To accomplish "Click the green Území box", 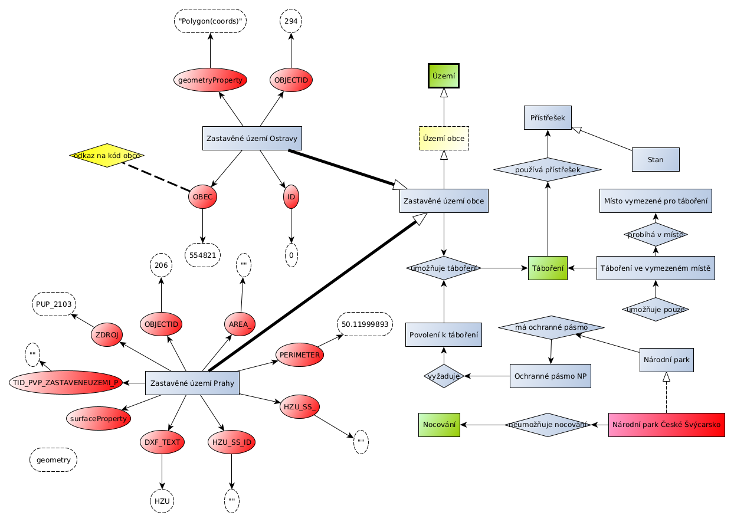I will [443, 75].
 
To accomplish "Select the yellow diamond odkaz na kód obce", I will [107, 156].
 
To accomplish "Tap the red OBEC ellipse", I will [203, 197].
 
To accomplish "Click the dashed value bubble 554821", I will [203, 255].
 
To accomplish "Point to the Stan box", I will [656, 160].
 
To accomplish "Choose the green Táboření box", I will [548, 268].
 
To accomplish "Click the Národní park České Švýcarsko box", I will [666, 425].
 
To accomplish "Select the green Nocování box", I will [439, 425].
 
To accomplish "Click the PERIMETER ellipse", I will [300, 355].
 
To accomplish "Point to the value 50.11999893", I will [365, 324].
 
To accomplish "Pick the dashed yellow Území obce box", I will [444, 139].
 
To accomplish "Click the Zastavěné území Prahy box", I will [192, 383].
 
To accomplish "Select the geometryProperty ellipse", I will [210, 80].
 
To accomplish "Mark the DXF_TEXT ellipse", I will [162, 442].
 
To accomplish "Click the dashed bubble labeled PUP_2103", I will [54, 304].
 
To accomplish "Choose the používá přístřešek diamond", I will [547, 170].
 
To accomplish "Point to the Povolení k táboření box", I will [444, 334].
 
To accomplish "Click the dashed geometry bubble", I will [53, 460].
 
